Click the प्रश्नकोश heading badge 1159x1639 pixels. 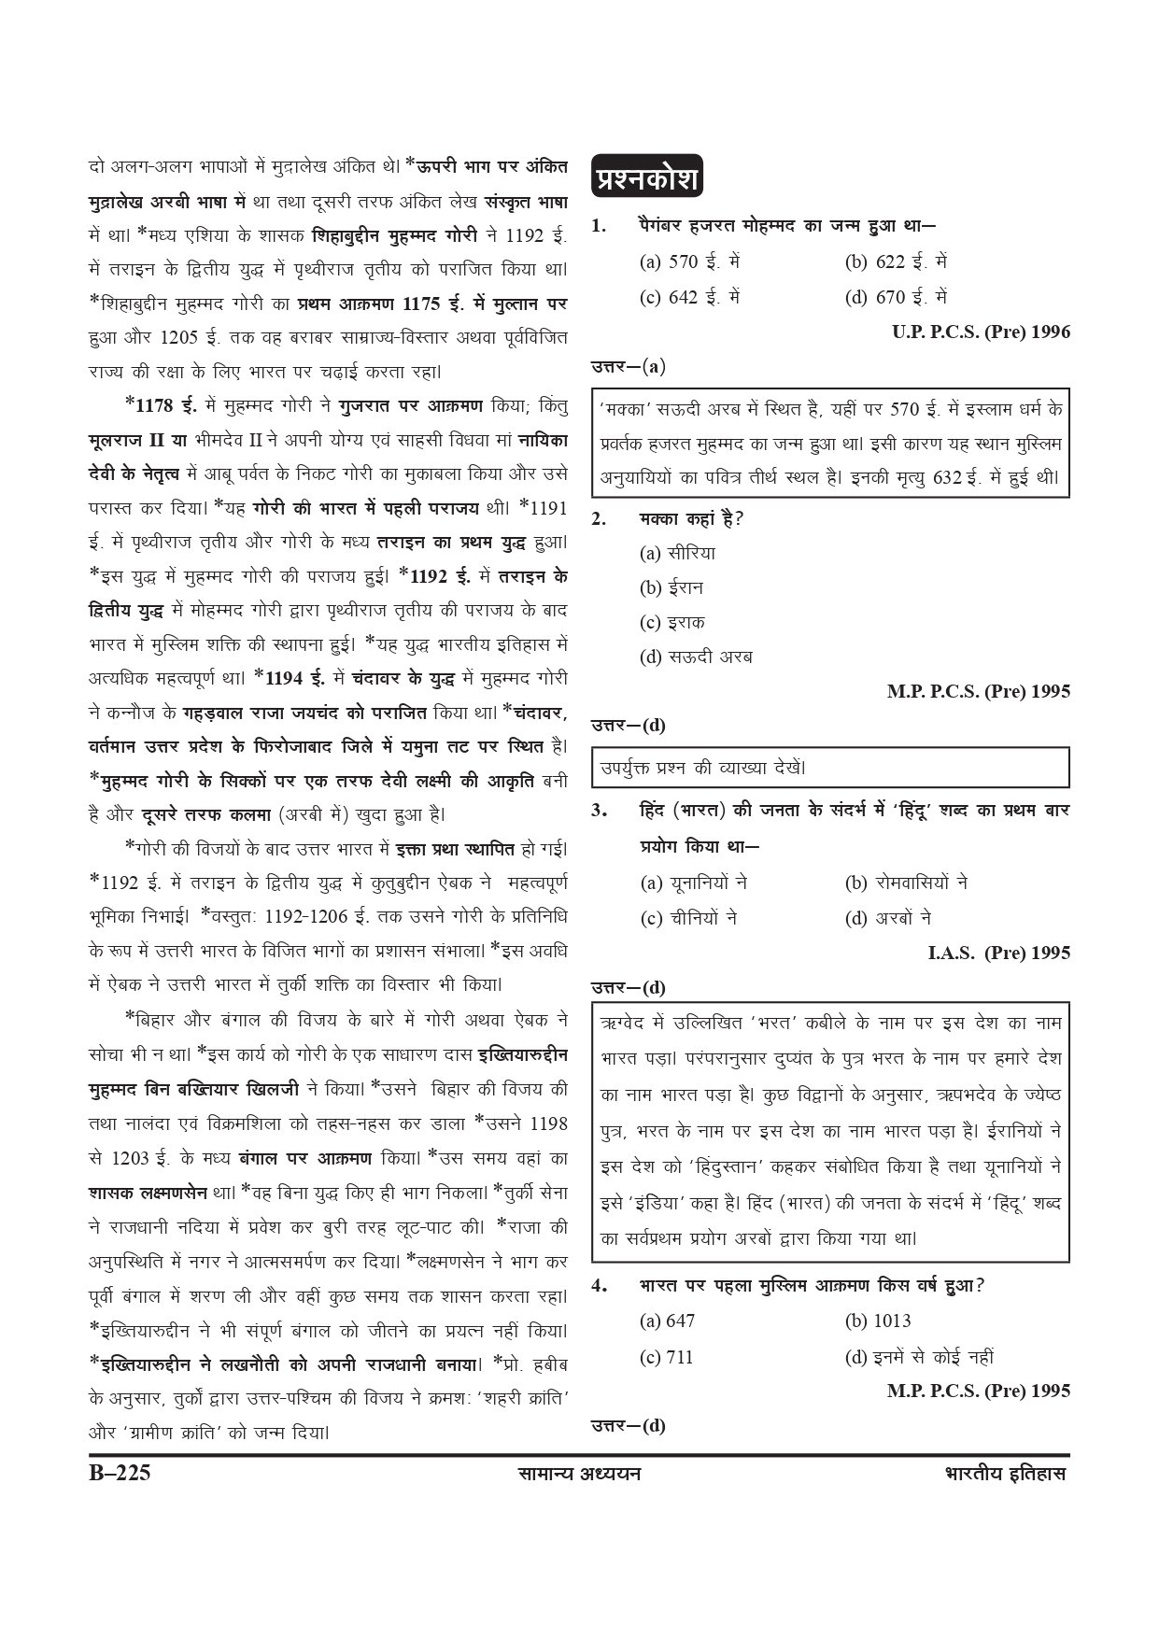[x=646, y=178]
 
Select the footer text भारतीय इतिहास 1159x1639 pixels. [x=1005, y=1475]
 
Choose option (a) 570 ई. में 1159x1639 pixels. [x=689, y=261]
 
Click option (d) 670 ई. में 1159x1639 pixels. [x=896, y=297]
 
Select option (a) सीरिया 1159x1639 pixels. [x=677, y=553]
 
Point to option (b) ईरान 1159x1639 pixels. [x=671, y=587]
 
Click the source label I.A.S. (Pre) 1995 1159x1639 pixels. [x=998, y=953]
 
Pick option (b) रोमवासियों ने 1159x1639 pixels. [x=906, y=883]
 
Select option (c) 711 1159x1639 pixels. [x=667, y=1357]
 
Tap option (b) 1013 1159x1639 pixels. [x=878, y=1321]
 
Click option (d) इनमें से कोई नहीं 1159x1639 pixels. [x=919, y=1357]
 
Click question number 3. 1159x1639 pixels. [x=599, y=810]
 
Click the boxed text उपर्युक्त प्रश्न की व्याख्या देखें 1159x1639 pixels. [x=703, y=768]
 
